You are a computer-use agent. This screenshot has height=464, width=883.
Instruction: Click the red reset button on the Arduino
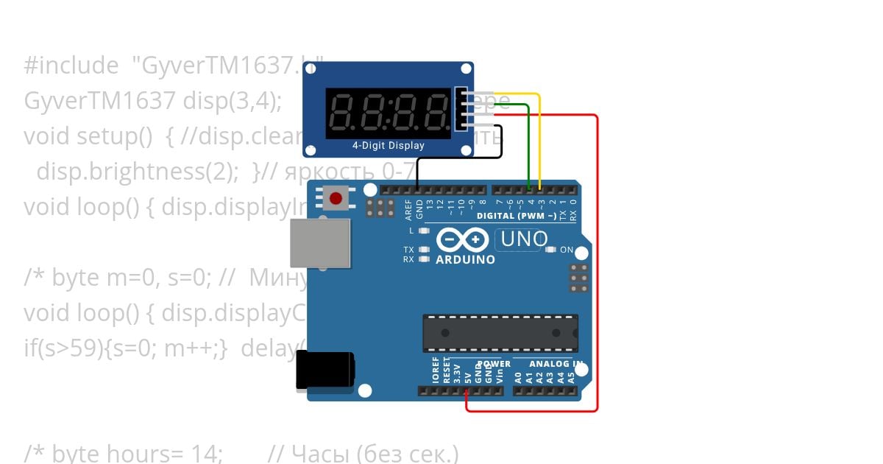pyautogui.click(x=336, y=198)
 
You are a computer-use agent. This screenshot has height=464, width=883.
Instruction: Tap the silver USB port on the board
pyautogui.click(x=319, y=242)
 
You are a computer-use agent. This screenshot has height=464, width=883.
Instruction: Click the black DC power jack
pyautogui.click(x=324, y=370)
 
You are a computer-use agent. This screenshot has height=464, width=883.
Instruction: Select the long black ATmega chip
pyautogui.click(x=500, y=333)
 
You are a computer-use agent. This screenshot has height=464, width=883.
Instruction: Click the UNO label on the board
pyautogui.click(x=524, y=239)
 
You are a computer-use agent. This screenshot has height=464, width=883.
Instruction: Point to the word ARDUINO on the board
pyautogui.click(x=465, y=259)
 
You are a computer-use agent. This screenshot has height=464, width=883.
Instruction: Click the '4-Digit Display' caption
pyautogui.click(x=388, y=146)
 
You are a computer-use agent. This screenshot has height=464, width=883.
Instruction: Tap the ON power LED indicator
pyautogui.click(x=550, y=250)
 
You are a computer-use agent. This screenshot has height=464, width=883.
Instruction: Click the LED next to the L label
pyautogui.click(x=423, y=231)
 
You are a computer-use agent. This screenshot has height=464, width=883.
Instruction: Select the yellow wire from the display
pyautogui.click(x=540, y=133)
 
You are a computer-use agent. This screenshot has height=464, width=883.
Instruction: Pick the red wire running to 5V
pyautogui.click(x=597, y=258)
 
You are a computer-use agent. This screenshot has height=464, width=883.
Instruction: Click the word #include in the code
pyautogui.click(x=71, y=66)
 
